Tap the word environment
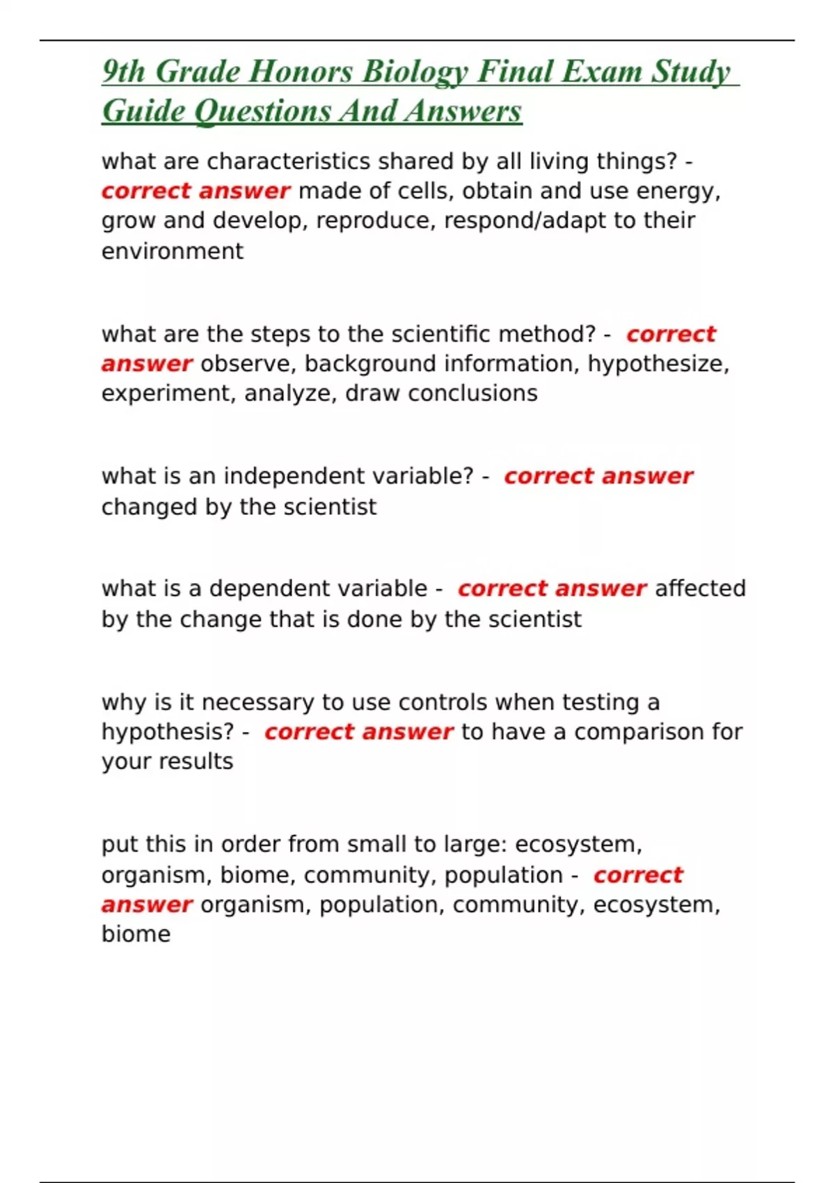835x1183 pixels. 173,251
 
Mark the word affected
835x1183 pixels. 700,589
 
